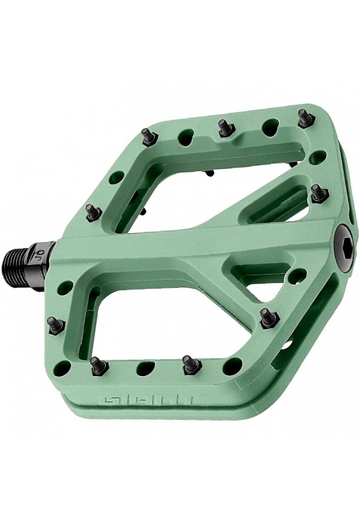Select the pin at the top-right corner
click(304, 117)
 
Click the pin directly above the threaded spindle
click(91, 211)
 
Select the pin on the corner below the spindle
click(54, 325)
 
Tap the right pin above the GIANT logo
click(188, 364)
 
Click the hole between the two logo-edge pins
click(144, 367)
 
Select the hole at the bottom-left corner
click(64, 368)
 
